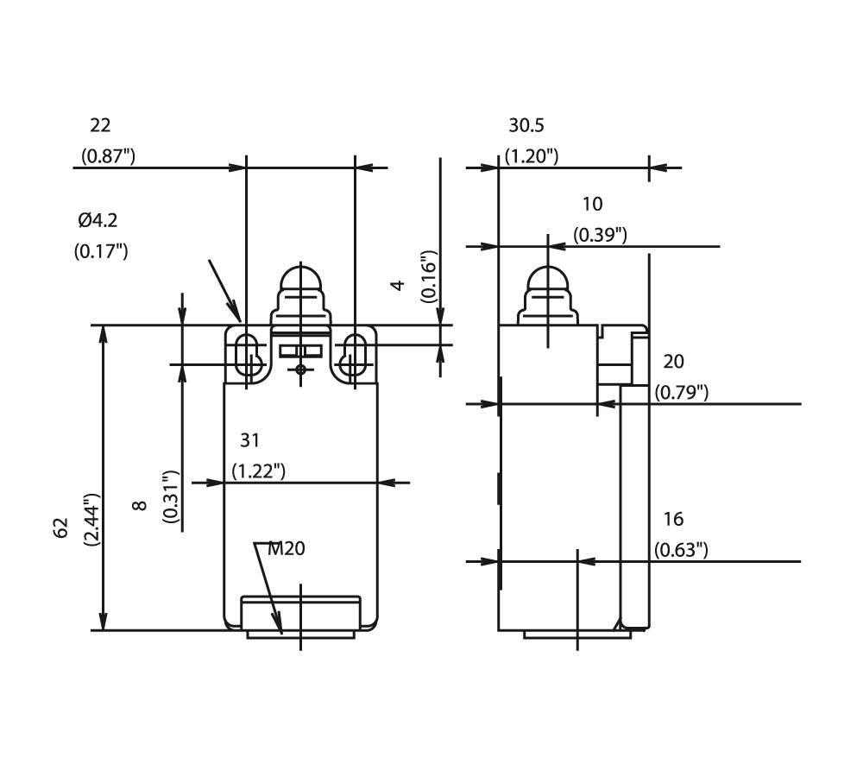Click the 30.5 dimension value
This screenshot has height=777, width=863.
pyautogui.click(x=526, y=126)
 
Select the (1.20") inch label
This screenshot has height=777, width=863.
pyautogui.click(x=532, y=156)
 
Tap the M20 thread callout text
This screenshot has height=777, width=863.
pyautogui.click(x=287, y=548)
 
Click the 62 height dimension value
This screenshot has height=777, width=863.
pyautogui.click(x=61, y=528)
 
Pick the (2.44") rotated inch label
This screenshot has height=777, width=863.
pyautogui.click(x=91, y=520)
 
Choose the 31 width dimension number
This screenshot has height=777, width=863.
pyautogui.click(x=249, y=441)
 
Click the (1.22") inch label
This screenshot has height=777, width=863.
pyautogui.click(x=259, y=471)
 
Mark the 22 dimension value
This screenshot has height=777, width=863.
pyautogui.click(x=101, y=126)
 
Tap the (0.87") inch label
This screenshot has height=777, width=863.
pyautogui.click(x=108, y=156)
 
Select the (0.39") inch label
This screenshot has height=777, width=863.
pyautogui.click(x=601, y=235)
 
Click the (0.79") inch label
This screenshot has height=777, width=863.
pyautogui.click(x=682, y=392)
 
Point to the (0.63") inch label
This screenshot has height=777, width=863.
pyautogui.click(x=682, y=549)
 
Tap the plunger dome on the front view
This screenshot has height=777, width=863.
pyautogui.click(x=299, y=282)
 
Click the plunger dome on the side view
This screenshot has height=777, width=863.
pyautogui.click(x=547, y=282)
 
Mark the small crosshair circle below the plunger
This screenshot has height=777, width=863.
pyautogui.click(x=300, y=370)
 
